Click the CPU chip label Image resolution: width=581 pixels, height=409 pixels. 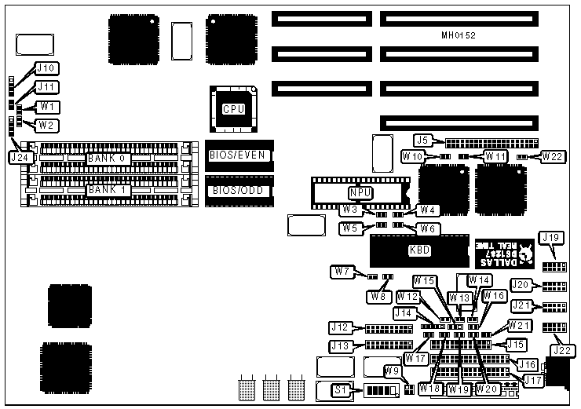coord(233,109)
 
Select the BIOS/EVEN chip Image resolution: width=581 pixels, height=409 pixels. coord(239,155)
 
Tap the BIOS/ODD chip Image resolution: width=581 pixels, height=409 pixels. coord(239,191)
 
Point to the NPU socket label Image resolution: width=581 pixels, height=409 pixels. coord(360,192)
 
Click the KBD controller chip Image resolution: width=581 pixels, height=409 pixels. coord(420,251)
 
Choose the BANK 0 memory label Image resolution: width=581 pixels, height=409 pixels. coord(108,158)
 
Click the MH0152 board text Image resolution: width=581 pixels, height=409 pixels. coord(459,35)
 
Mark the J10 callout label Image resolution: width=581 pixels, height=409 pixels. coord(46,68)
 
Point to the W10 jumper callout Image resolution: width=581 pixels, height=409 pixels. coord(413,156)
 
